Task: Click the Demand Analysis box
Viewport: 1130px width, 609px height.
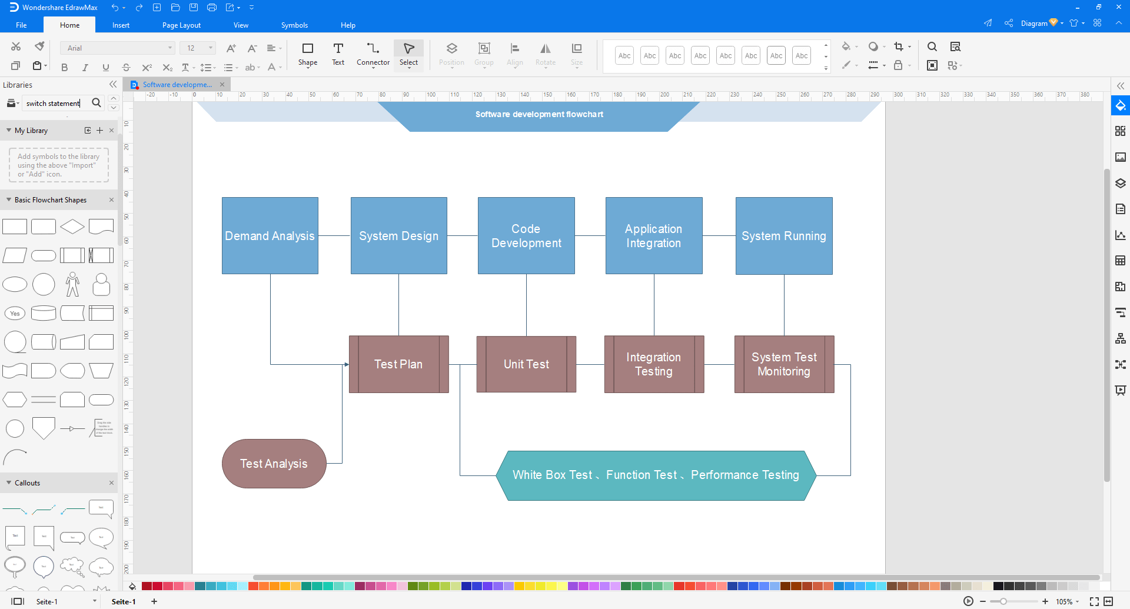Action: [x=270, y=235]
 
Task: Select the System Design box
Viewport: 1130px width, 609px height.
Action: [x=398, y=235]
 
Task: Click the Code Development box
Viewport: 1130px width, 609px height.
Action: [x=526, y=235]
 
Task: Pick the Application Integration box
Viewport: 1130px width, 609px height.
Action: [x=653, y=235]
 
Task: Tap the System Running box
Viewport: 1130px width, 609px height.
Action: [x=783, y=235]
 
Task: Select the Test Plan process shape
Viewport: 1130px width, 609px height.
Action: [x=398, y=364]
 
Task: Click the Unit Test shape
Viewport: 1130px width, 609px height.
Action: [x=526, y=364]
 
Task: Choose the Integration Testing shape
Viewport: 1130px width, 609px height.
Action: [x=653, y=364]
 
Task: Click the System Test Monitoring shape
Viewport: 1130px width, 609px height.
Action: [x=783, y=364]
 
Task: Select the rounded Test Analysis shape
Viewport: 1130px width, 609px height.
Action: [x=274, y=464]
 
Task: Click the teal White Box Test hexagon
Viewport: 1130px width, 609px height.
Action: [x=656, y=475]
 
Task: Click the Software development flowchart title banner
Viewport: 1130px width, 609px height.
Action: [x=539, y=115]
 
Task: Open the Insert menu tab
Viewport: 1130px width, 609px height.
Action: [x=121, y=25]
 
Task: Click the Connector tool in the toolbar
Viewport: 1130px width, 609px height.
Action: [x=373, y=54]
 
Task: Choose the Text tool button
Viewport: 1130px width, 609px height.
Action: [x=338, y=54]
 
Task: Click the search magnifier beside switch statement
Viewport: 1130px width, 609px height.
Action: [x=97, y=103]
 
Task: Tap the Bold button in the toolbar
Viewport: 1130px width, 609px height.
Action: [x=65, y=68]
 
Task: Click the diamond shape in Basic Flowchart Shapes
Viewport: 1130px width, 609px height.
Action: [x=72, y=227]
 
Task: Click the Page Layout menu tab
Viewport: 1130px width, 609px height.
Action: [x=181, y=25]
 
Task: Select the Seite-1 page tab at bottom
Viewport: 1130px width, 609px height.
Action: [x=124, y=601]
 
